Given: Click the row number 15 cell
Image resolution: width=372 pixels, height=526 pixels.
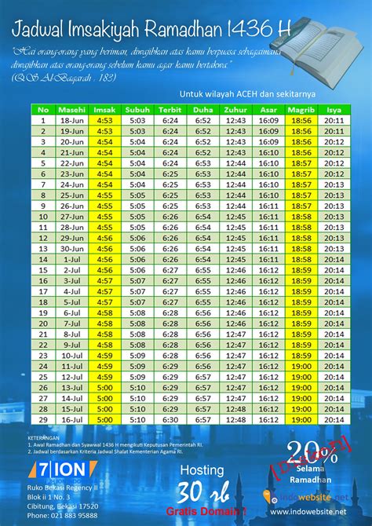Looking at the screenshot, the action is coord(43,269).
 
